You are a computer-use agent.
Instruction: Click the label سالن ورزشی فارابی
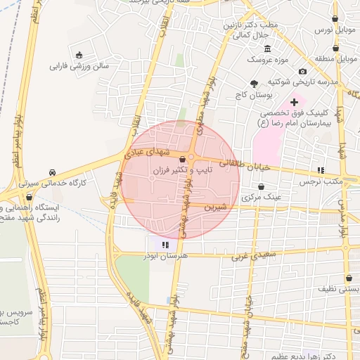point(79,67)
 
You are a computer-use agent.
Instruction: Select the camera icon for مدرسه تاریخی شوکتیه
point(303,71)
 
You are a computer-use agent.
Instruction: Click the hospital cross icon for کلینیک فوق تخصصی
point(294,103)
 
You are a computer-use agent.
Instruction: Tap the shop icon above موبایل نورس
point(335,19)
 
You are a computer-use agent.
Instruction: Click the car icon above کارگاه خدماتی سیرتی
point(53,172)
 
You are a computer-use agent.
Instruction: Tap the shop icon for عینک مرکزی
point(262,187)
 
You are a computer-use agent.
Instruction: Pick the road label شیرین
point(215,207)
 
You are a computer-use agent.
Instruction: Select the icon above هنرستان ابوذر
point(165,245)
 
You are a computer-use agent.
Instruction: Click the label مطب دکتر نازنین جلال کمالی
point(252,29)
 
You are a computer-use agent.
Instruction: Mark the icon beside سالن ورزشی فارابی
point(79,56)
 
